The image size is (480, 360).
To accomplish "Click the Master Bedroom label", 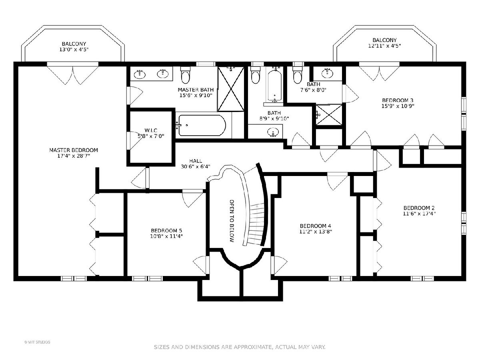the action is click(74, 150).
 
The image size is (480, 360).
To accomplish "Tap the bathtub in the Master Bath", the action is click(202, 126).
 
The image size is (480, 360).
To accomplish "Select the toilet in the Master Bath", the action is click(186, 75).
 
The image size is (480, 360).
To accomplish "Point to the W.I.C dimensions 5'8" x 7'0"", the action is click(151, 136).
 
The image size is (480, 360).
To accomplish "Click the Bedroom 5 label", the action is click(166, 230).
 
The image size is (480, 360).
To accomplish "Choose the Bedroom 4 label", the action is click(315, 226).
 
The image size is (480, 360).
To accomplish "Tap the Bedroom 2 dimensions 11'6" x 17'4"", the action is click(419, 214).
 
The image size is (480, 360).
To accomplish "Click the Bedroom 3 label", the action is click(398, 100).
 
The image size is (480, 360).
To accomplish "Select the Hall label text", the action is click(196, 161).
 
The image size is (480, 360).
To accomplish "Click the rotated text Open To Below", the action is click(232, 221).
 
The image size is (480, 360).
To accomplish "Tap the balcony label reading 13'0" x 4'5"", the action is click(74, 49).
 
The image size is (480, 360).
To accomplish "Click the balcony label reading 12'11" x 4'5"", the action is click(384, 46).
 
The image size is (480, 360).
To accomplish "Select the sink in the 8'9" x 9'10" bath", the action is click(273, 132).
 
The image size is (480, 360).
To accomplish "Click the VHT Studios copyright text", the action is click(37, 342).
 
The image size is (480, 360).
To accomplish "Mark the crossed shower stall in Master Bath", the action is click(231, 89).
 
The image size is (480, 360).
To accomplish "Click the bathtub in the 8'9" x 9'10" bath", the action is click(274, 86).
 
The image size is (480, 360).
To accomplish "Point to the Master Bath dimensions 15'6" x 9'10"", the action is click(196, 95).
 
